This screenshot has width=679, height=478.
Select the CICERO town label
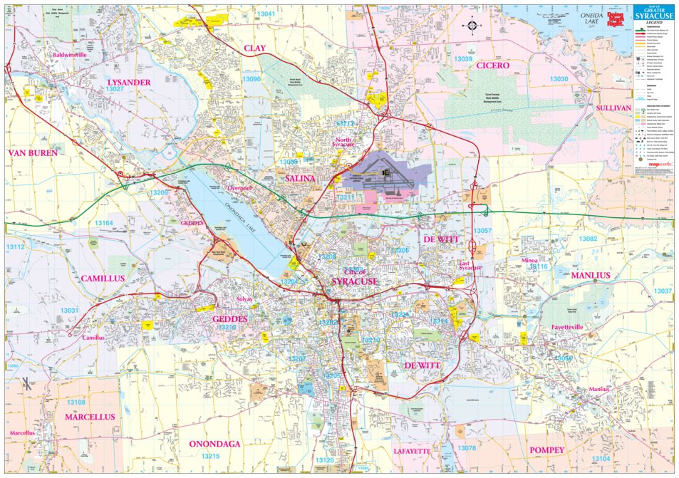pos(493,65)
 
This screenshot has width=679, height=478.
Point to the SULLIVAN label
pos(613,108)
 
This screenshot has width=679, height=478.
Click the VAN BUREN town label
pos(32,152)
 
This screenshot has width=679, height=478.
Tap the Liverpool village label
pos(240,187)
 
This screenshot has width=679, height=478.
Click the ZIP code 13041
pos(267,14)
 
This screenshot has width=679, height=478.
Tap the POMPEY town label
pos(546,450)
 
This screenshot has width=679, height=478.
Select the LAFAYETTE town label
pos(412,451)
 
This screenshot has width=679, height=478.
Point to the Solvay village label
pos(245,299)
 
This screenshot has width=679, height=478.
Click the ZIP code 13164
pos(103,224)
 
